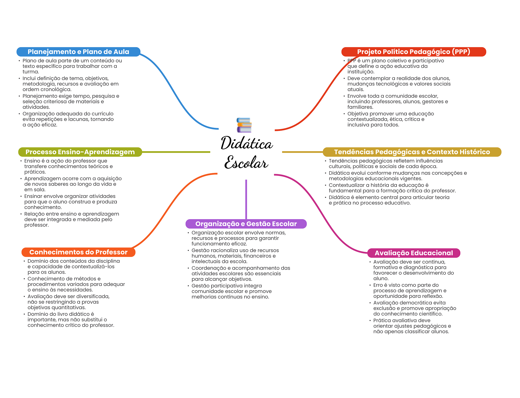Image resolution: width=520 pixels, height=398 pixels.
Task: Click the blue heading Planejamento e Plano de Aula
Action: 78,52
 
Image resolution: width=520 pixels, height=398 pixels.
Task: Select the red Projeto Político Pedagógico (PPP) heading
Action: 414,52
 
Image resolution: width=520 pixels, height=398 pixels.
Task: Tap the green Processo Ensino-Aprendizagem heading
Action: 80,152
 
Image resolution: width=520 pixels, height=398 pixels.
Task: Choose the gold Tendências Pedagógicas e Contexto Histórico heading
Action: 412,152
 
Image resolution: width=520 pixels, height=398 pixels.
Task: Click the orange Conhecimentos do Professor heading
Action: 78,252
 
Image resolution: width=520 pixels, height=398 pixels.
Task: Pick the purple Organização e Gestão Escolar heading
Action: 246,224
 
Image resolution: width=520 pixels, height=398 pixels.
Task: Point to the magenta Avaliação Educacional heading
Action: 414,253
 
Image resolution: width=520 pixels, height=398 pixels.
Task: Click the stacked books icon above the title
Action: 244,125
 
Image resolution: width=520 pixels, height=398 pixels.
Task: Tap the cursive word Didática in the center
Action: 247,143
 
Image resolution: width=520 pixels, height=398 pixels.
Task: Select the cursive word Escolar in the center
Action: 246,162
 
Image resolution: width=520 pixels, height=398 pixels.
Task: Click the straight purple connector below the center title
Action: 246,199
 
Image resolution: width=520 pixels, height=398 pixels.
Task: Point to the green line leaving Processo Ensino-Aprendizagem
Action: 176,152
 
